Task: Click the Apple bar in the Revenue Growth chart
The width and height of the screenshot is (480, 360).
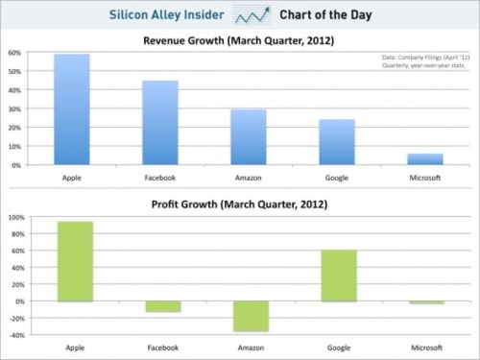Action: coord(72,109)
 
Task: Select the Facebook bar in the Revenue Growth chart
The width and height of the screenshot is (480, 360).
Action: coord(160,123)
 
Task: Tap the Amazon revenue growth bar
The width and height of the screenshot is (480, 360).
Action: coord(249,137)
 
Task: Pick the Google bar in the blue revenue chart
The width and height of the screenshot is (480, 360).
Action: coord(337,142)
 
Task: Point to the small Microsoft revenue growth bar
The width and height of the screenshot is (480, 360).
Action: coord(425,159)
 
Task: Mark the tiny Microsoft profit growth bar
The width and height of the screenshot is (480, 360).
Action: coord(425,302)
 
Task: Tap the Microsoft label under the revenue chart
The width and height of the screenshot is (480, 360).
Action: coord(425,179)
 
